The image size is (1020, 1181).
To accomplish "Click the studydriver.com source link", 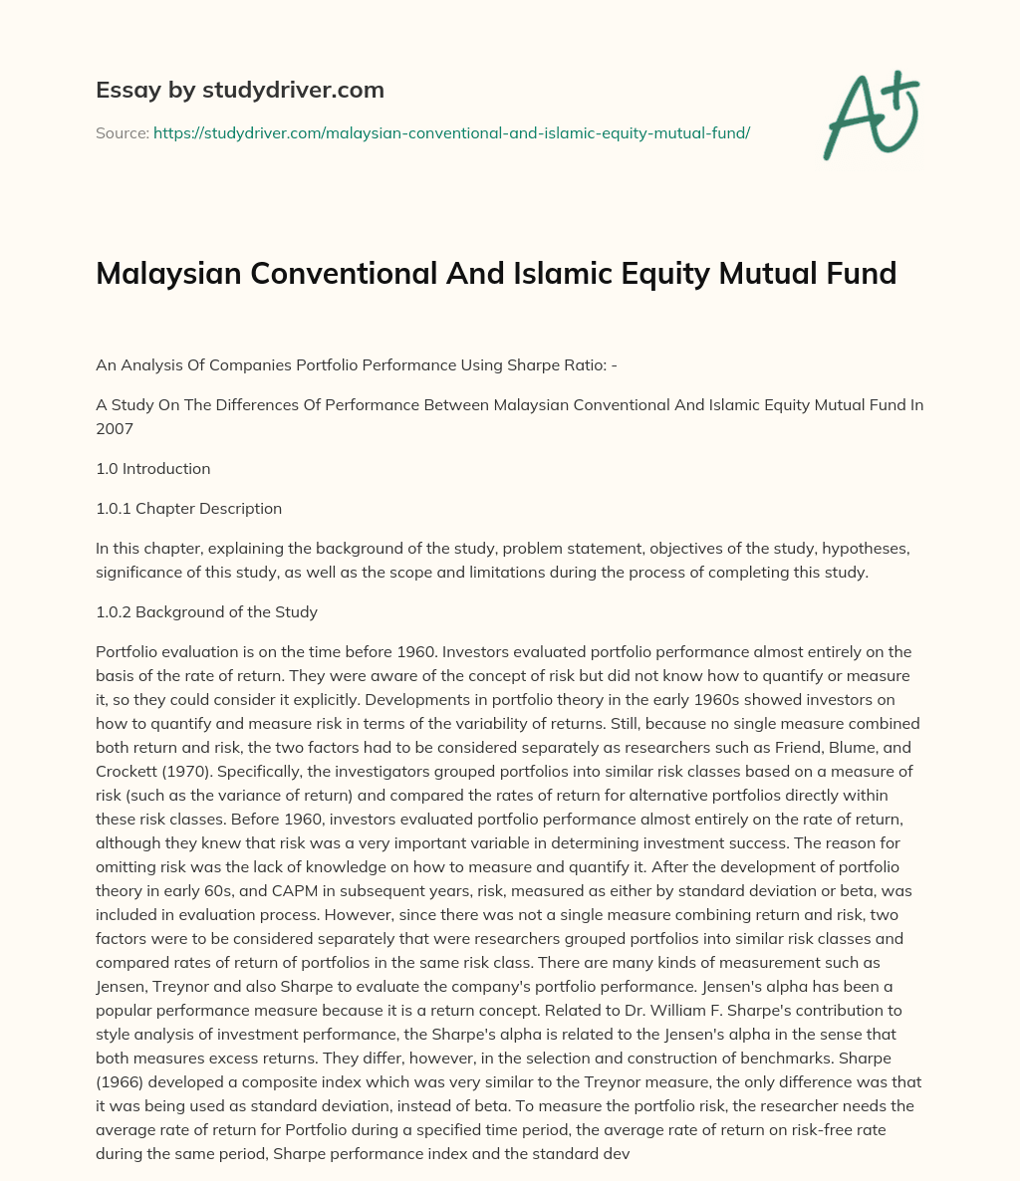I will [451, 132].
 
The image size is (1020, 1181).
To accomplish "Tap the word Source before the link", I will [122, 132].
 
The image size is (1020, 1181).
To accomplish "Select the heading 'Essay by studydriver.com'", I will [240, 90].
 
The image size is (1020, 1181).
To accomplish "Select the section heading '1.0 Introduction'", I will [152, 468].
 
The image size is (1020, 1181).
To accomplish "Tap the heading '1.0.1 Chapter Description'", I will [188, 508].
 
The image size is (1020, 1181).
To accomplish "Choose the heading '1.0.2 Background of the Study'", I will [206, 611].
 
